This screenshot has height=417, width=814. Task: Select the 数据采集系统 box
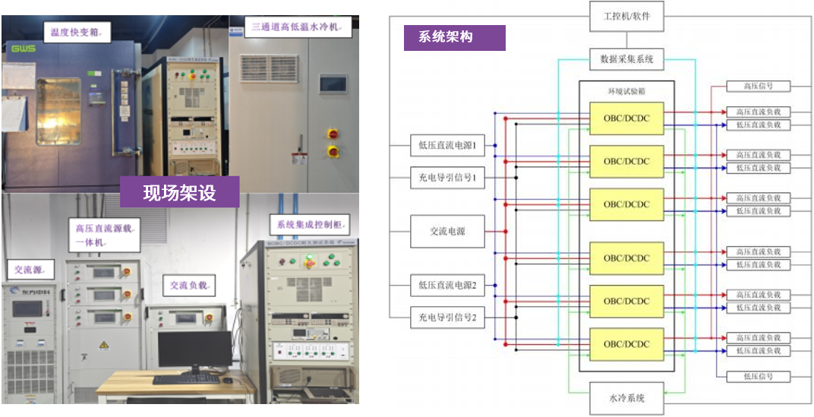pos(626,58)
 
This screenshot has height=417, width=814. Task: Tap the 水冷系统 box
pos(626,397)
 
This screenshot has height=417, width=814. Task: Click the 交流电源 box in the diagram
pos(447,231)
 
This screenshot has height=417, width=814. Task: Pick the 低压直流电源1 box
pos(447,144)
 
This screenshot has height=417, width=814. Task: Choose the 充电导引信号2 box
pos(447,317)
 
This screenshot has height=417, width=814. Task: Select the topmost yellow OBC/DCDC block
pos(626,118)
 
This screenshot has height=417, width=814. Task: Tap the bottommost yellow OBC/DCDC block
pos(626,343)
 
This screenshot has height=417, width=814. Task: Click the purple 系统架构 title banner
pos(454,37)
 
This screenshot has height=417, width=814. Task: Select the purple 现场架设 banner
pos(180,193)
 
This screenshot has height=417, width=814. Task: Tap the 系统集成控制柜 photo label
pos(309,224)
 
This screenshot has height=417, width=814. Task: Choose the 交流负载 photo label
pos(188,285)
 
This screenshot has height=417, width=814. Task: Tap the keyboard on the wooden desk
pos(185,378)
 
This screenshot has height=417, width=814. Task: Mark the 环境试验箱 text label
pos(626,90)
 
